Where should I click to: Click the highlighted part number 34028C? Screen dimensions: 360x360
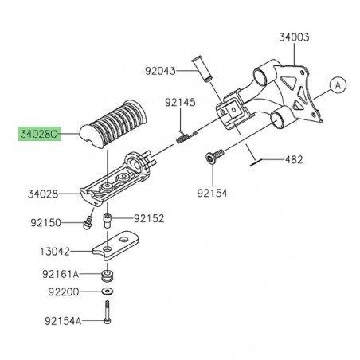[x=37, y=135]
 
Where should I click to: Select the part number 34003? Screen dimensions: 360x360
[x=295, y=37]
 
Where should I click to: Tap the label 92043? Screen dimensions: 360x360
[x=161, y=70]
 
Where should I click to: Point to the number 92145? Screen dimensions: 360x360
[x=180, y=103]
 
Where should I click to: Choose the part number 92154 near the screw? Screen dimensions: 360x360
[x=210, y=192]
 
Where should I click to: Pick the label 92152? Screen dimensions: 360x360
[x=149, y=217]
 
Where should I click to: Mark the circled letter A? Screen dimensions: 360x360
[x=336, y=84]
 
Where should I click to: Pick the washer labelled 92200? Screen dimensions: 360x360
[x=107, y=292]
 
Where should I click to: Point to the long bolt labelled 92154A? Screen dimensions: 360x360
[x=107, y=316]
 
